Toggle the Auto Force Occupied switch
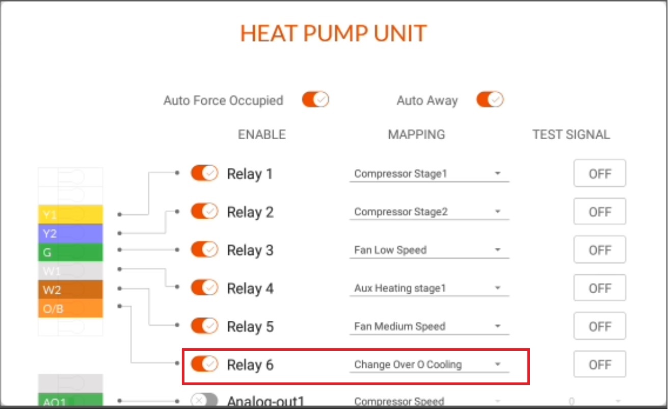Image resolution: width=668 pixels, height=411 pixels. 315,99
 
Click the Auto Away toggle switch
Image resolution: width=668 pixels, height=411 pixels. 490,99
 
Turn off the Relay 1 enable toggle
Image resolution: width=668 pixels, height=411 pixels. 204,173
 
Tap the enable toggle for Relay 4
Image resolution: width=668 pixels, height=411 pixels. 204,288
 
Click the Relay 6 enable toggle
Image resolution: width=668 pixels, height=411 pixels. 204,364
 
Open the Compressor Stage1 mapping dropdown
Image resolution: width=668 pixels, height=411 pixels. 429,174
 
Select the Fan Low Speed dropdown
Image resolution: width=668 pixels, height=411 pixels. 429,250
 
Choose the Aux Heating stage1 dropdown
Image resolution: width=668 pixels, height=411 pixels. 429,288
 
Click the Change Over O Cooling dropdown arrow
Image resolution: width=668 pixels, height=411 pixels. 497,364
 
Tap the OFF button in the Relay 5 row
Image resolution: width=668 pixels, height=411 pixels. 600,326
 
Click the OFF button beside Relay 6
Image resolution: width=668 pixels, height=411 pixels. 600,364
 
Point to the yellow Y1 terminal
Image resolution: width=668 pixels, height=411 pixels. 70,215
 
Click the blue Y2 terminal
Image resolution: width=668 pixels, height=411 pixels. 70,234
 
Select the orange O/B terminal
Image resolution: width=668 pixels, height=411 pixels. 70,309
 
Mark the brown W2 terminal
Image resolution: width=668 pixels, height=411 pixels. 70,290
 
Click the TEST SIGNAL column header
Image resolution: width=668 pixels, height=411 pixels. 571,135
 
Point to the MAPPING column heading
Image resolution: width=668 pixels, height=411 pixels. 416,135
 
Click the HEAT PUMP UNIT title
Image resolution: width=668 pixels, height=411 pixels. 334,33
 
